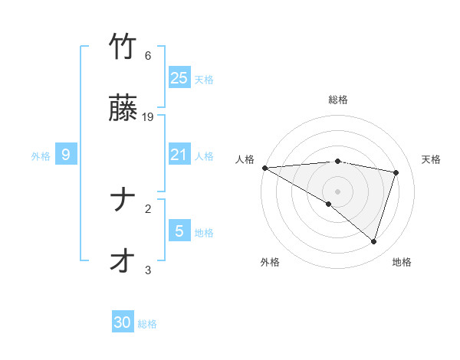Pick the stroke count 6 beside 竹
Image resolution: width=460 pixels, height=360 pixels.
coord(148,56)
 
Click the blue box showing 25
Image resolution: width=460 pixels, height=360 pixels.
coord(179,78)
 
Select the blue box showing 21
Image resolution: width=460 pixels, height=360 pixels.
coord(179,155)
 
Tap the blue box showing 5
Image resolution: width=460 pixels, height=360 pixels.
coord(179,231)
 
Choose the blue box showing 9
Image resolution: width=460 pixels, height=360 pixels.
coord(66,155)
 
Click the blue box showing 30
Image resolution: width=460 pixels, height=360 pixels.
coord(123,322)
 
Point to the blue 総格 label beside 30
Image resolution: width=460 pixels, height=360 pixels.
coord(147,324)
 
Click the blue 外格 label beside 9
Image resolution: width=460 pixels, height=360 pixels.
coord(41,155)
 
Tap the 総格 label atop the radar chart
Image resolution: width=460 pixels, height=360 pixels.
coord(338,100)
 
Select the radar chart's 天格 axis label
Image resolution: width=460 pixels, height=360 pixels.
coord(432,159)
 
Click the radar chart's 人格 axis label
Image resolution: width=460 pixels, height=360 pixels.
coord(245,159)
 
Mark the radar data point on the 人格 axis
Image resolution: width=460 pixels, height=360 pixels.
coord(264,168)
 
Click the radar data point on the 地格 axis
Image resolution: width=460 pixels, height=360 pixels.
coord(373,241)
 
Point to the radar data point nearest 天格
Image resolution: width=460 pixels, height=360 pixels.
coord(396,172)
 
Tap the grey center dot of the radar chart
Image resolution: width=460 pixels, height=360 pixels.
coord(338,191)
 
